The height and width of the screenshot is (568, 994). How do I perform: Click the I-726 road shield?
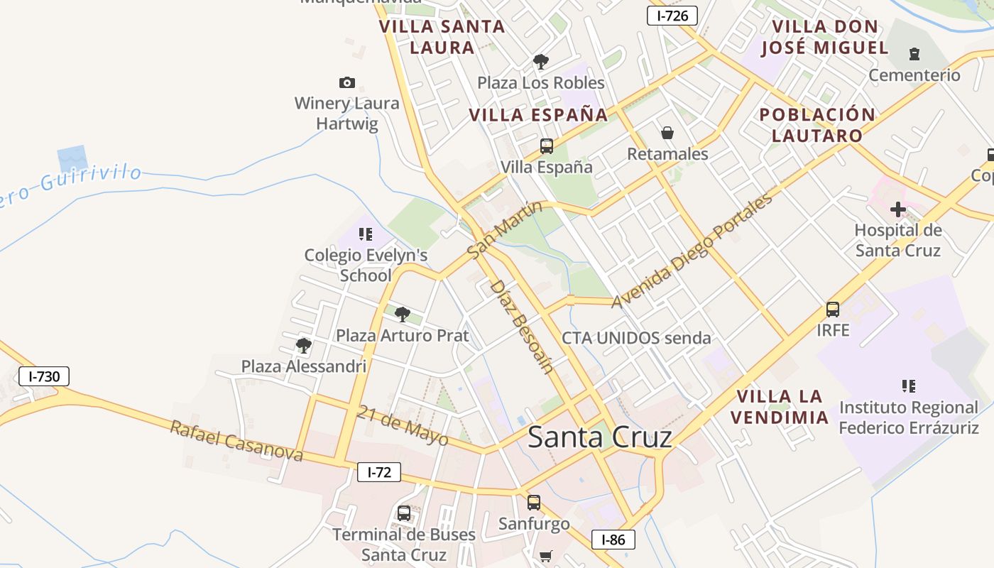click(672, 16)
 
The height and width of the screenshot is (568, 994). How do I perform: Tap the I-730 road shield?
click(44, 376)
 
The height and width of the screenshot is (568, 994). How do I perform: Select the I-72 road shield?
click(378, 472)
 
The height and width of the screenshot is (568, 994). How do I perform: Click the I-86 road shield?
click(613, 540)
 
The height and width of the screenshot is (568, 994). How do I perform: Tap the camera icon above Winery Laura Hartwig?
click(347, 82)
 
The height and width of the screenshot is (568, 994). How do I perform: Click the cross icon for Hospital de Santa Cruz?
click(897, 209)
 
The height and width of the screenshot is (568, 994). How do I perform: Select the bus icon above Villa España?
click(546, 146)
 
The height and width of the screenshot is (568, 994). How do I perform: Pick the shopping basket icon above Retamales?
click(667, 132)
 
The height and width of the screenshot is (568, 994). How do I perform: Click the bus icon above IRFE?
click(833, 310)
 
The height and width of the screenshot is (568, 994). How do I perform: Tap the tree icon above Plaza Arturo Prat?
click(402, 314)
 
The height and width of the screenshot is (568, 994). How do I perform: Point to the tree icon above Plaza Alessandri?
click(304, 346)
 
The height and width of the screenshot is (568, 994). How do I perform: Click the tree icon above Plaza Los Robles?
click(541, 62)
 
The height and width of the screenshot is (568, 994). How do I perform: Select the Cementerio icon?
click(914, 53)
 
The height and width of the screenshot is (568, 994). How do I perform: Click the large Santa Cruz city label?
click(599, 437)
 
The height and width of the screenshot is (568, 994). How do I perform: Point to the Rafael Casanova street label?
click(236, 441)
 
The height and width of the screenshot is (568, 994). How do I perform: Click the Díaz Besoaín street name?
click(522, 326)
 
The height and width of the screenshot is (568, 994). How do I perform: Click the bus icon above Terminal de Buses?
click(404, 513)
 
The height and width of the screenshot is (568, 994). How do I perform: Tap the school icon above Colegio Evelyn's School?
click(366, 234)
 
